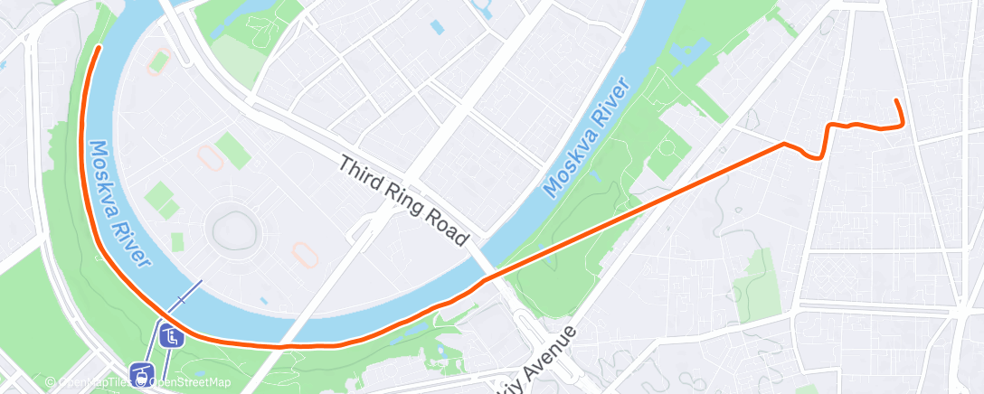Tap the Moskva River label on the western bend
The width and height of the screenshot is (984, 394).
118,204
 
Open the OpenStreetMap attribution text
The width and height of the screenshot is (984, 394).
190,382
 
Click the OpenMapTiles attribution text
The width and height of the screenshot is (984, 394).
94,382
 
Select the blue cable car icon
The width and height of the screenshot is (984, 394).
140,371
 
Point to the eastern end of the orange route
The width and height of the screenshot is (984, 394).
895,99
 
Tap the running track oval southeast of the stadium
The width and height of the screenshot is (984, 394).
305,256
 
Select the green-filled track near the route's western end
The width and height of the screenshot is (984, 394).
159,62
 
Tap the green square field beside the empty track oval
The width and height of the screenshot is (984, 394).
233,150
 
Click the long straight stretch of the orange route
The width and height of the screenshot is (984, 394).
633,208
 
